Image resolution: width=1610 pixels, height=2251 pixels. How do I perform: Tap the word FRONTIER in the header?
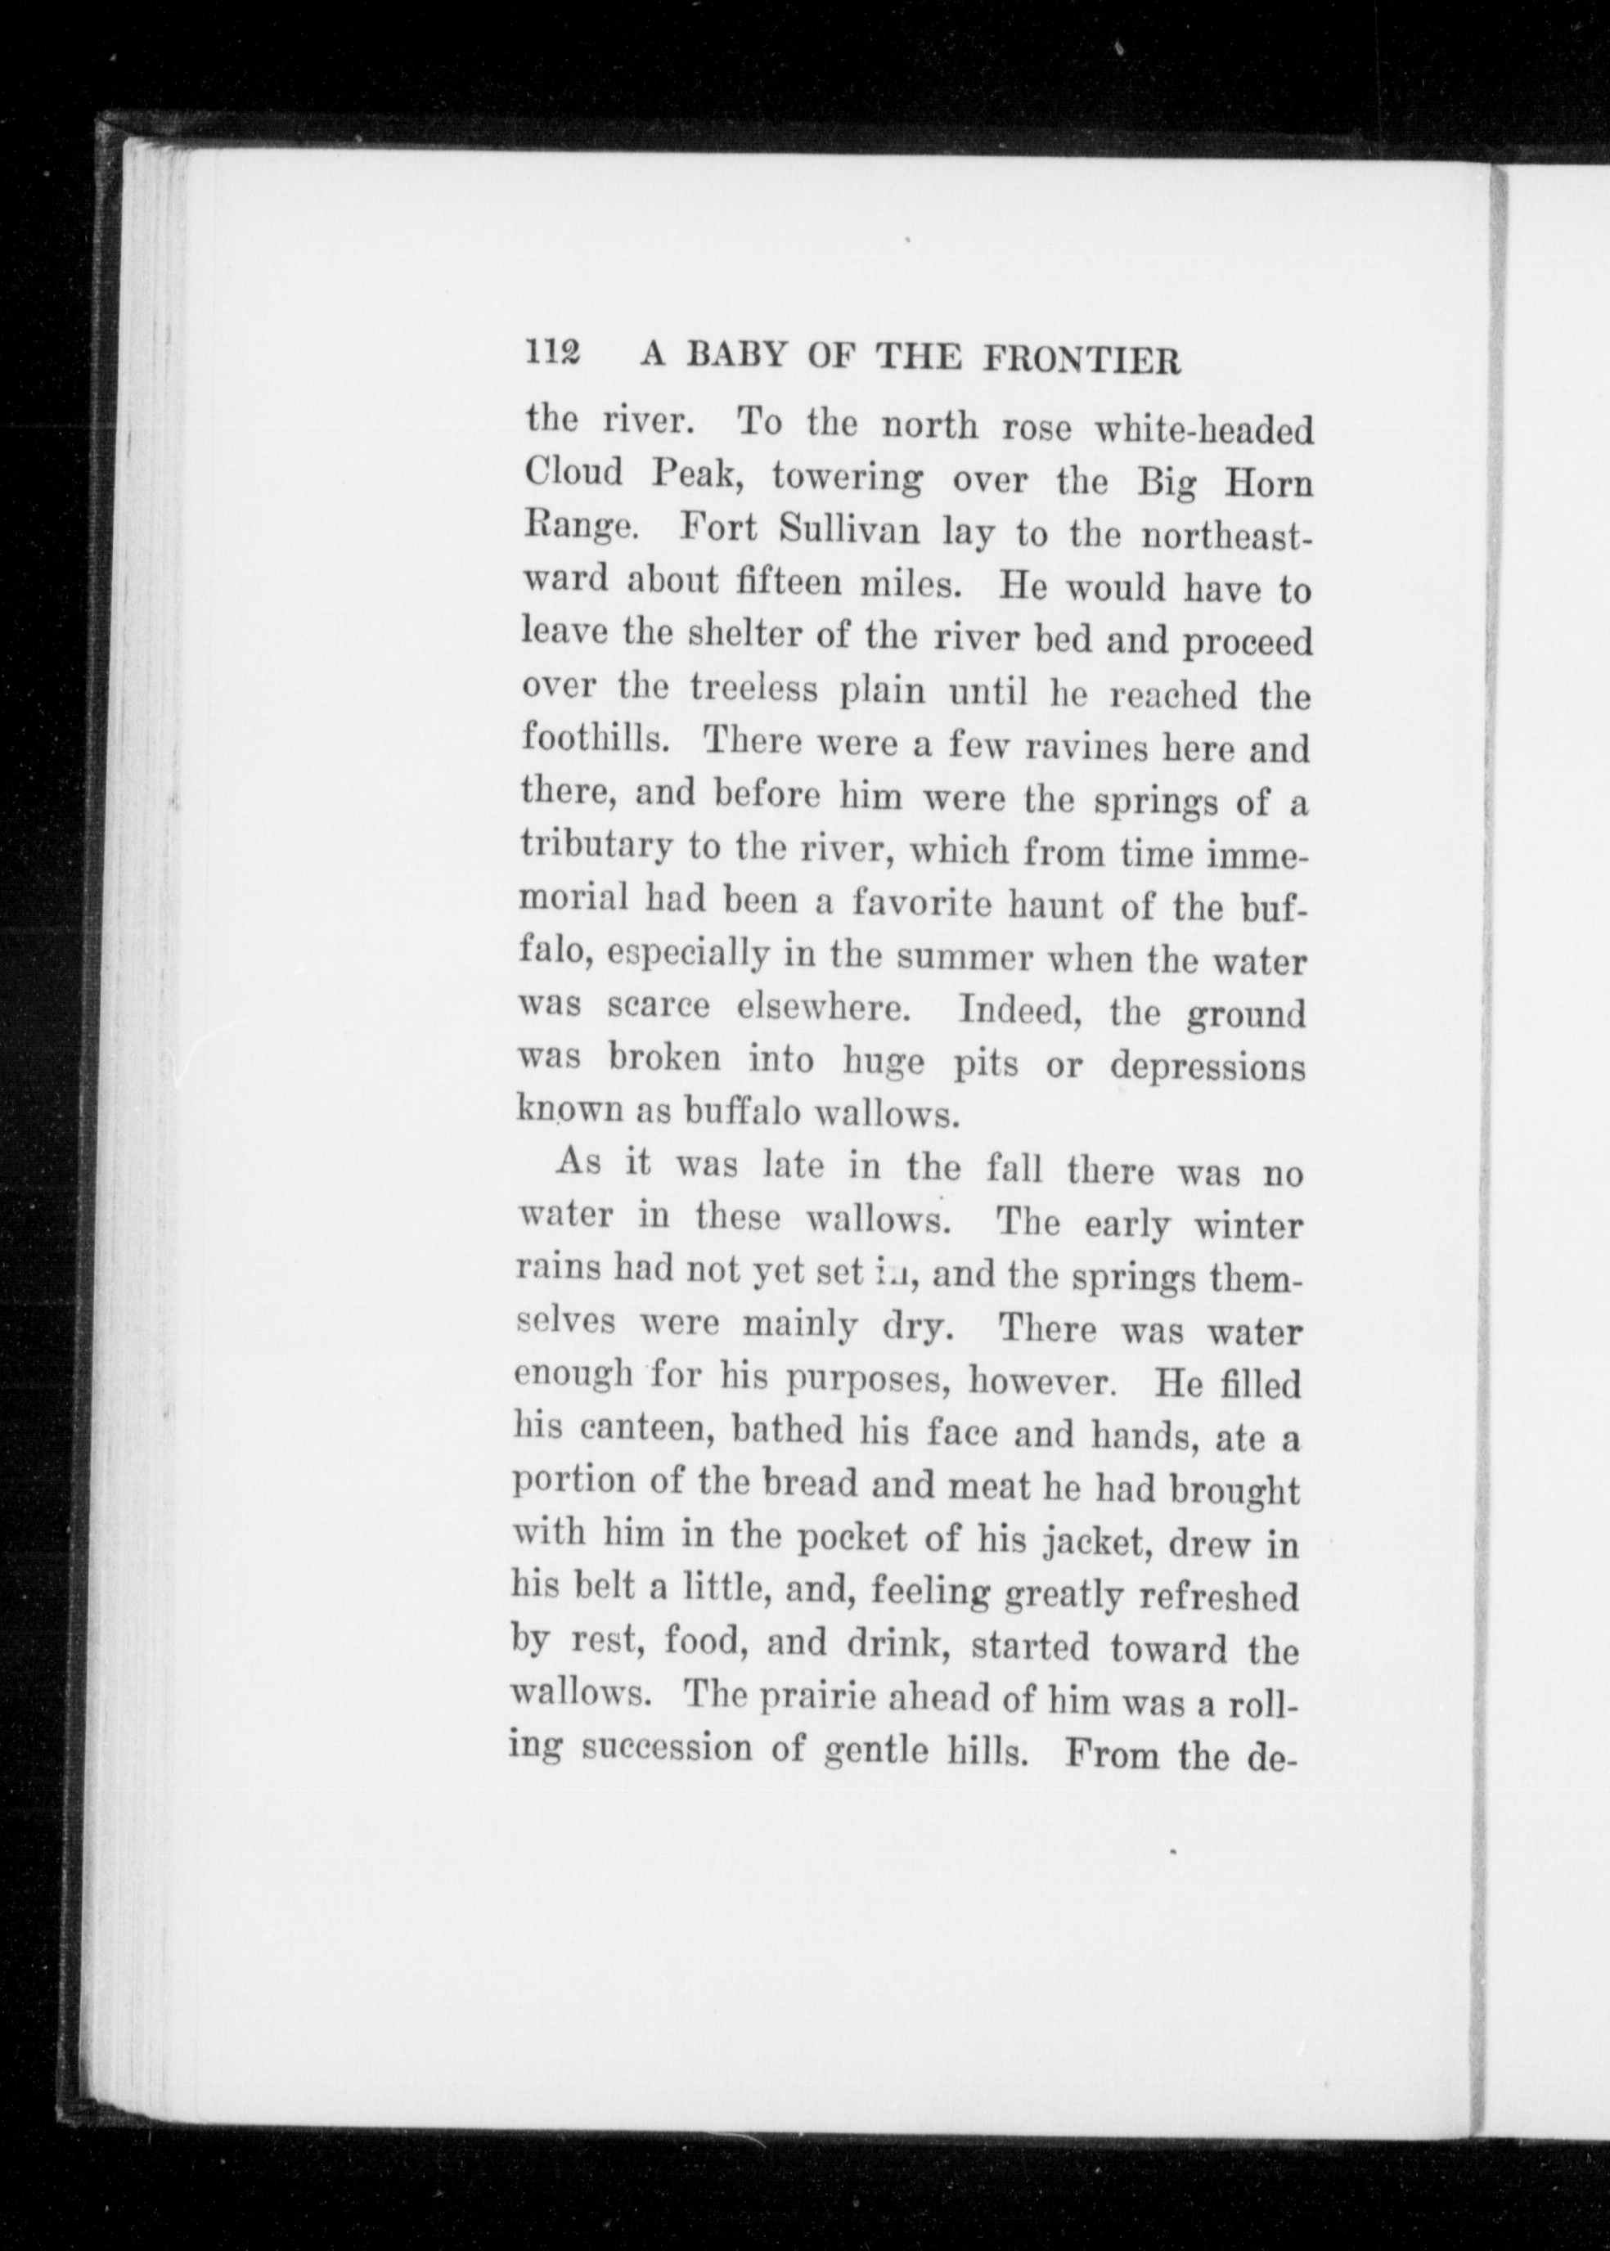coord(1082,359)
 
